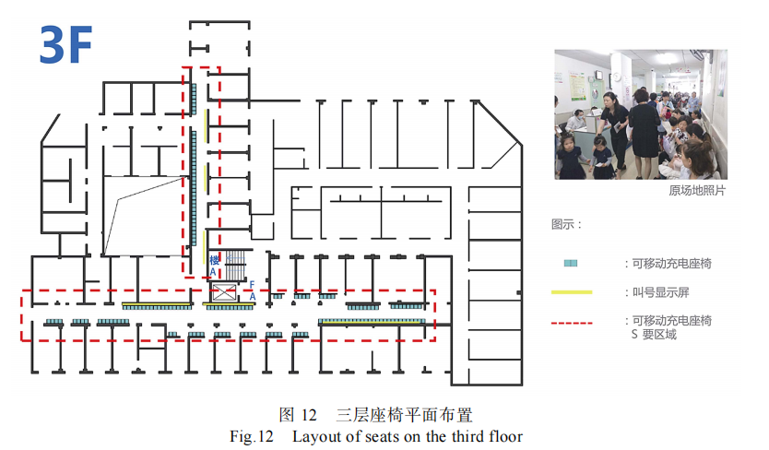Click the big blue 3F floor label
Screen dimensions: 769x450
[x=66, y=45]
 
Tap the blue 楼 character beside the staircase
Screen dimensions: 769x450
[x=214, y=261]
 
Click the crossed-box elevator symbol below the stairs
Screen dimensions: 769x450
[x=224, y=293]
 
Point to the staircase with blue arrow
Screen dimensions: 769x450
[x=235, y=265]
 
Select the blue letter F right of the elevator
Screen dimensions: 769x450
[x=252, y=285]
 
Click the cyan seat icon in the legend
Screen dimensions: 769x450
[x=571, y=264]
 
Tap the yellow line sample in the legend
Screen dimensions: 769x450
[x=572, y=292]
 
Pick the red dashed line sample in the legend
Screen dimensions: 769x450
[x=572, y=323]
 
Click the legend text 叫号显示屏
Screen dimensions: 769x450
[x=660, y=292]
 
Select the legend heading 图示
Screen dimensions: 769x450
[x=562, y=225]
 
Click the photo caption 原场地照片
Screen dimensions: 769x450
[x=697, y=190]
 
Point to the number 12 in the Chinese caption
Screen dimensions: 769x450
[x=309, y=415]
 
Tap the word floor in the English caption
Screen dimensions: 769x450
[x=506, y=436]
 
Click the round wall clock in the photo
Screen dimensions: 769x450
[x=617, y=77]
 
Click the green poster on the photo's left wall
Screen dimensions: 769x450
[x=578, y=87]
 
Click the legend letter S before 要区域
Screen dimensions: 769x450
[x=634, y=335]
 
